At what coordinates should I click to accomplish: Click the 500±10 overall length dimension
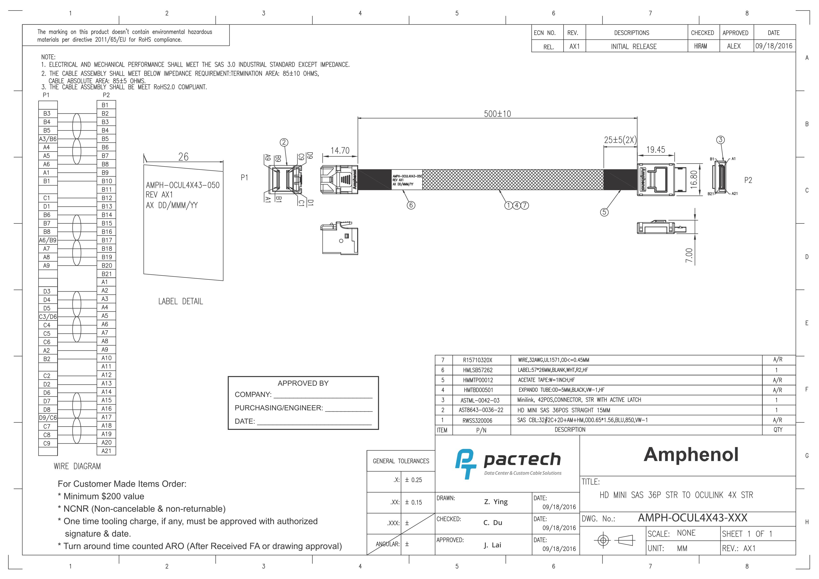coord(497,114)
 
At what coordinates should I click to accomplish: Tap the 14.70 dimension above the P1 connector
coord(340,151)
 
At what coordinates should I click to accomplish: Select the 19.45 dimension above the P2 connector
coord(656,150)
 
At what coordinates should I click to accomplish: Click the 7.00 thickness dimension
coord(689,255)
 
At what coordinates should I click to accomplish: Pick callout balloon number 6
coord(411,205)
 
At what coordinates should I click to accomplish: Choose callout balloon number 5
coord(604,212)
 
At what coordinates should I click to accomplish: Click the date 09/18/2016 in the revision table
coord(774,46)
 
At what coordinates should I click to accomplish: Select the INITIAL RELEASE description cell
coord(634,46)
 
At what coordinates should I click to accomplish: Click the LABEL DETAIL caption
coord(180,301)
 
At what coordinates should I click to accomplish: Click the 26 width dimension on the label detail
coord(183,157)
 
